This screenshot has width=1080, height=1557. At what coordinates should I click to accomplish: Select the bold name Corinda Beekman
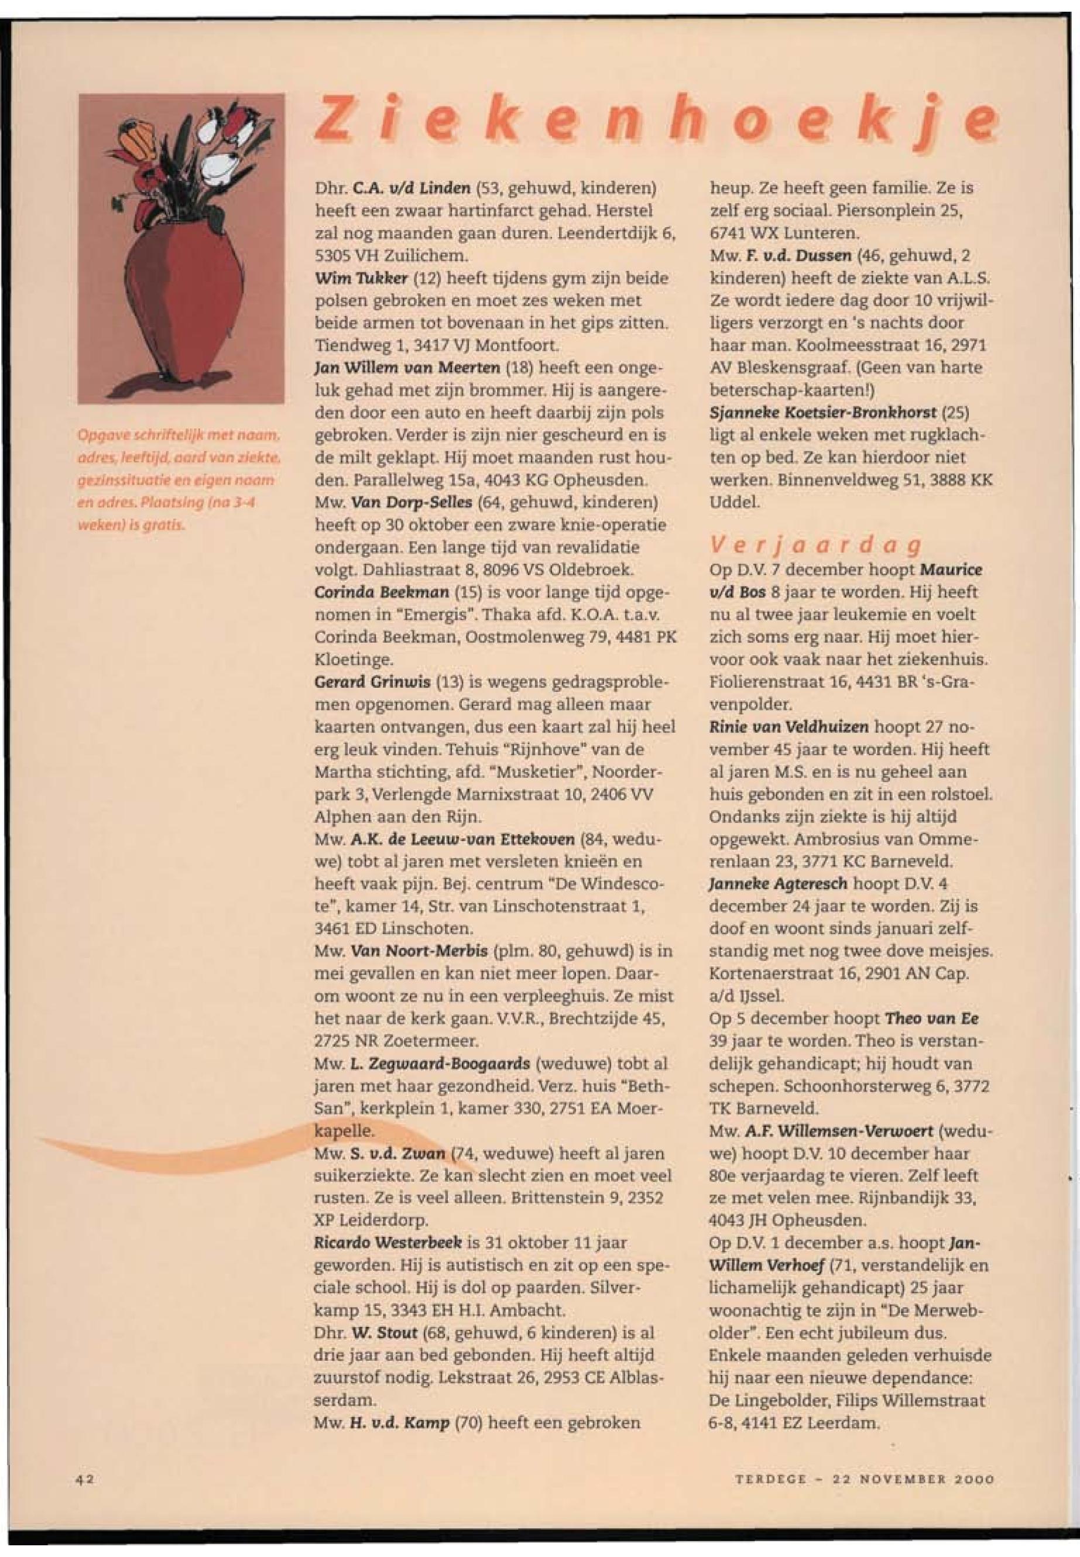382,592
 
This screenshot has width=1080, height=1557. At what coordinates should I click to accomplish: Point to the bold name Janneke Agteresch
778,884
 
